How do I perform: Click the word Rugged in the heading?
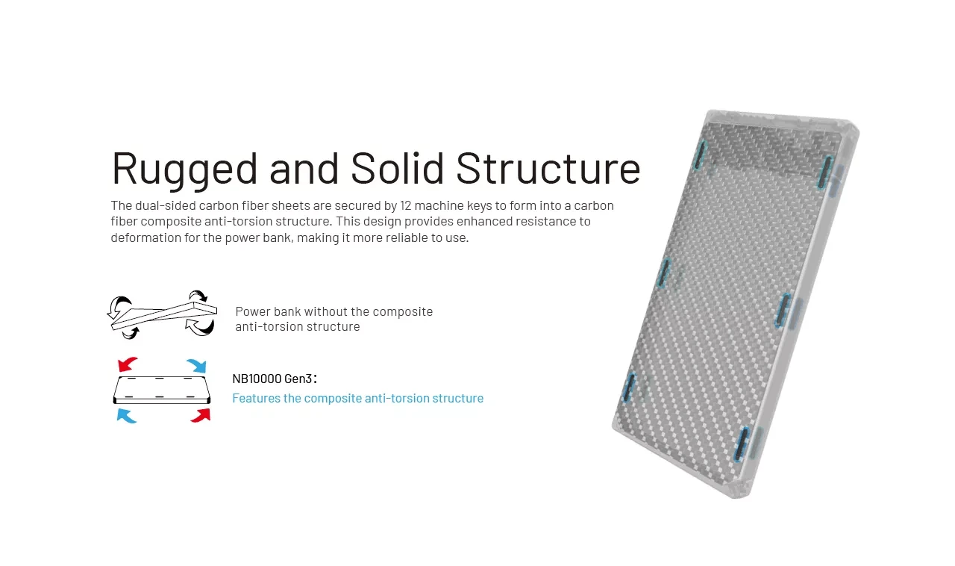(184, 170)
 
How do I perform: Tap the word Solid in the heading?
(398, 168)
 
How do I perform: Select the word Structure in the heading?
(548, 168)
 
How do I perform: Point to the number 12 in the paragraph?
(405, 206)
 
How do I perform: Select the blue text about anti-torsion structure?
(357, 398)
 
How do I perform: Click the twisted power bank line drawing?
(162, 315)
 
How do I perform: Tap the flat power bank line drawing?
(162, 390)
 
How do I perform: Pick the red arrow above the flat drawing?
(128, 364)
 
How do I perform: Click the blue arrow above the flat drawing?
(196, 366)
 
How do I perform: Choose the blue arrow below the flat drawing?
(127, 416)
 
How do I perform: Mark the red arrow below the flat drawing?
(201, 416)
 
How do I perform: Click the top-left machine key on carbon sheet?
(700, 155)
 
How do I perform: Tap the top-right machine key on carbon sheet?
(825, 172)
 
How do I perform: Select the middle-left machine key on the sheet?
(663, 273)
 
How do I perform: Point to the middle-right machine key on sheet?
(783, 311)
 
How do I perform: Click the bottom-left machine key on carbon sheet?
(628, 388)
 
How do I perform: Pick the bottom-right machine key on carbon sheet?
(742, 444)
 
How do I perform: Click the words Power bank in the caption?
(268, 311)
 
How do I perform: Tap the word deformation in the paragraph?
(145, 237)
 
